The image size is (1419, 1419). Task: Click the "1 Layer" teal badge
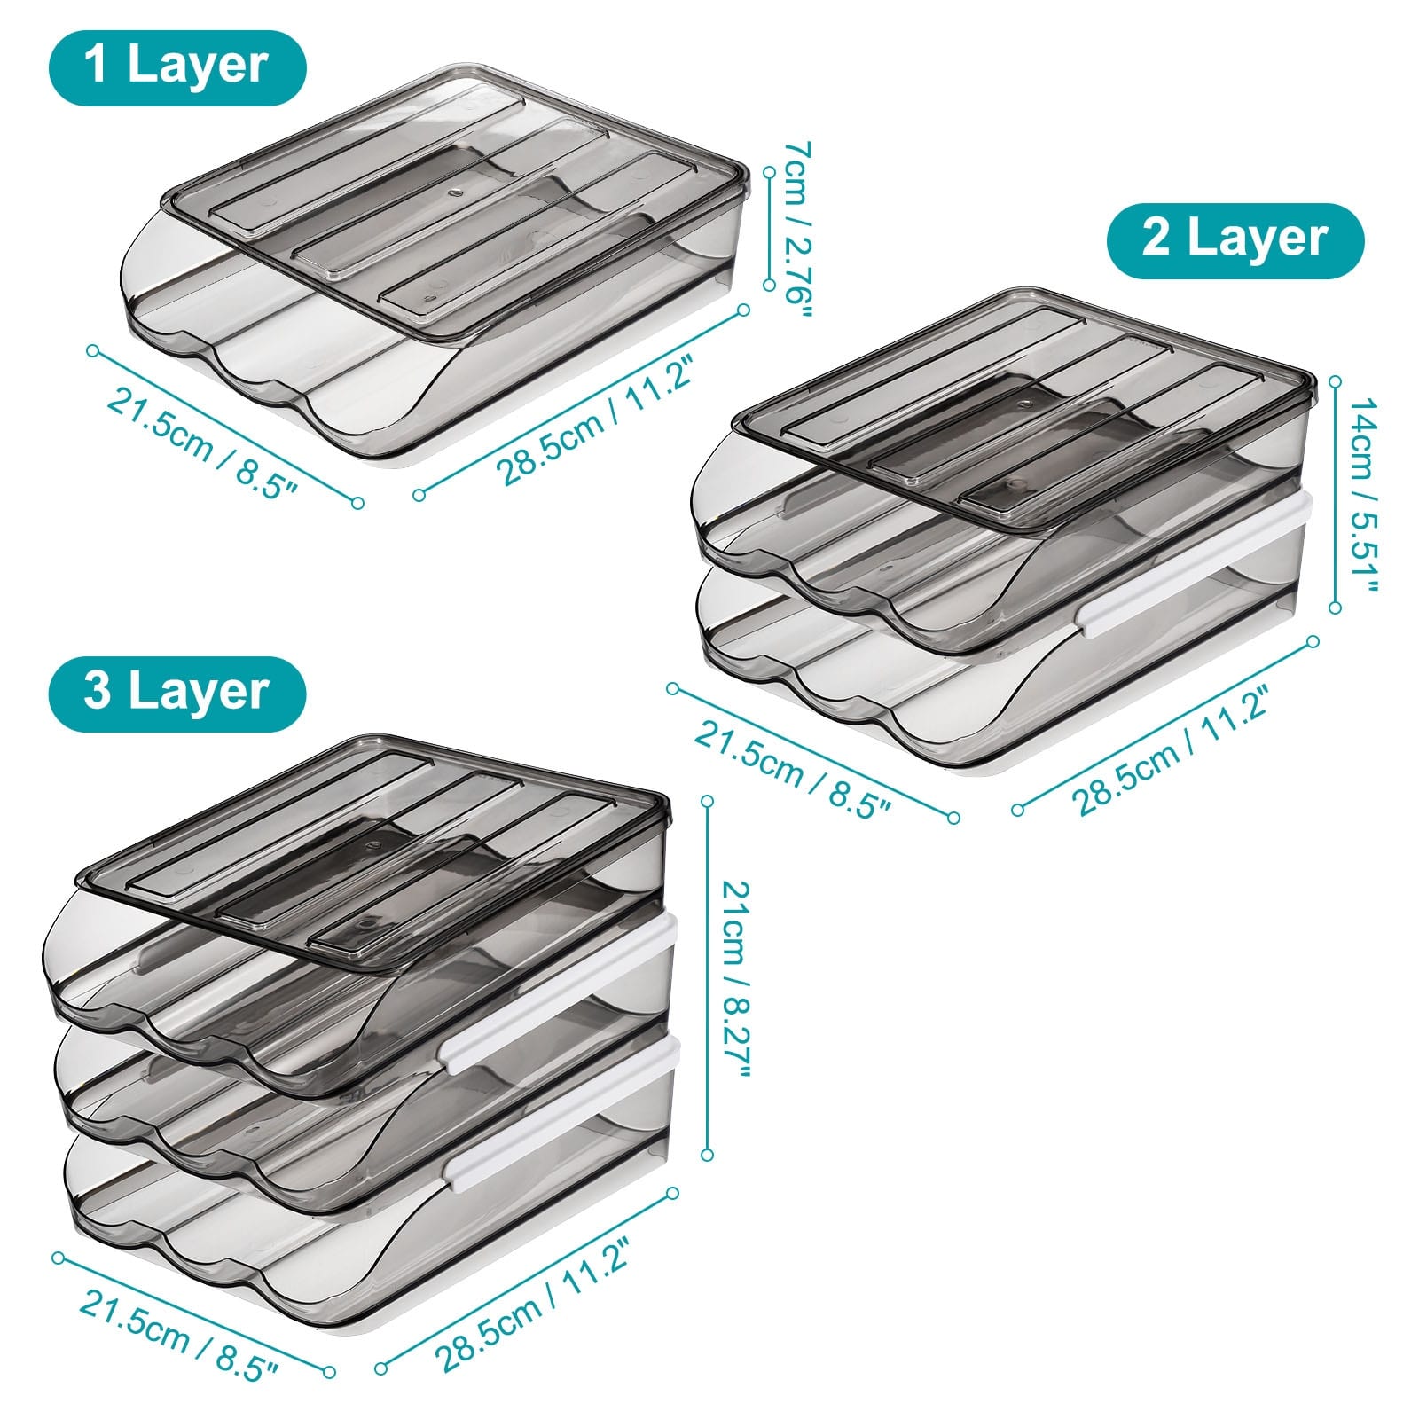tap(177, 68)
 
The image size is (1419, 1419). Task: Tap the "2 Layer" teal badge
tap(1235, 240)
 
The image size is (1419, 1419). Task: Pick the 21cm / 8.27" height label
tap(733, 978)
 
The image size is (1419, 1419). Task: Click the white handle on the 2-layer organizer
tap(1196, 564)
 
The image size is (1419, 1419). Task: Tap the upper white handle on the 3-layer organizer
tap(559, 994)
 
